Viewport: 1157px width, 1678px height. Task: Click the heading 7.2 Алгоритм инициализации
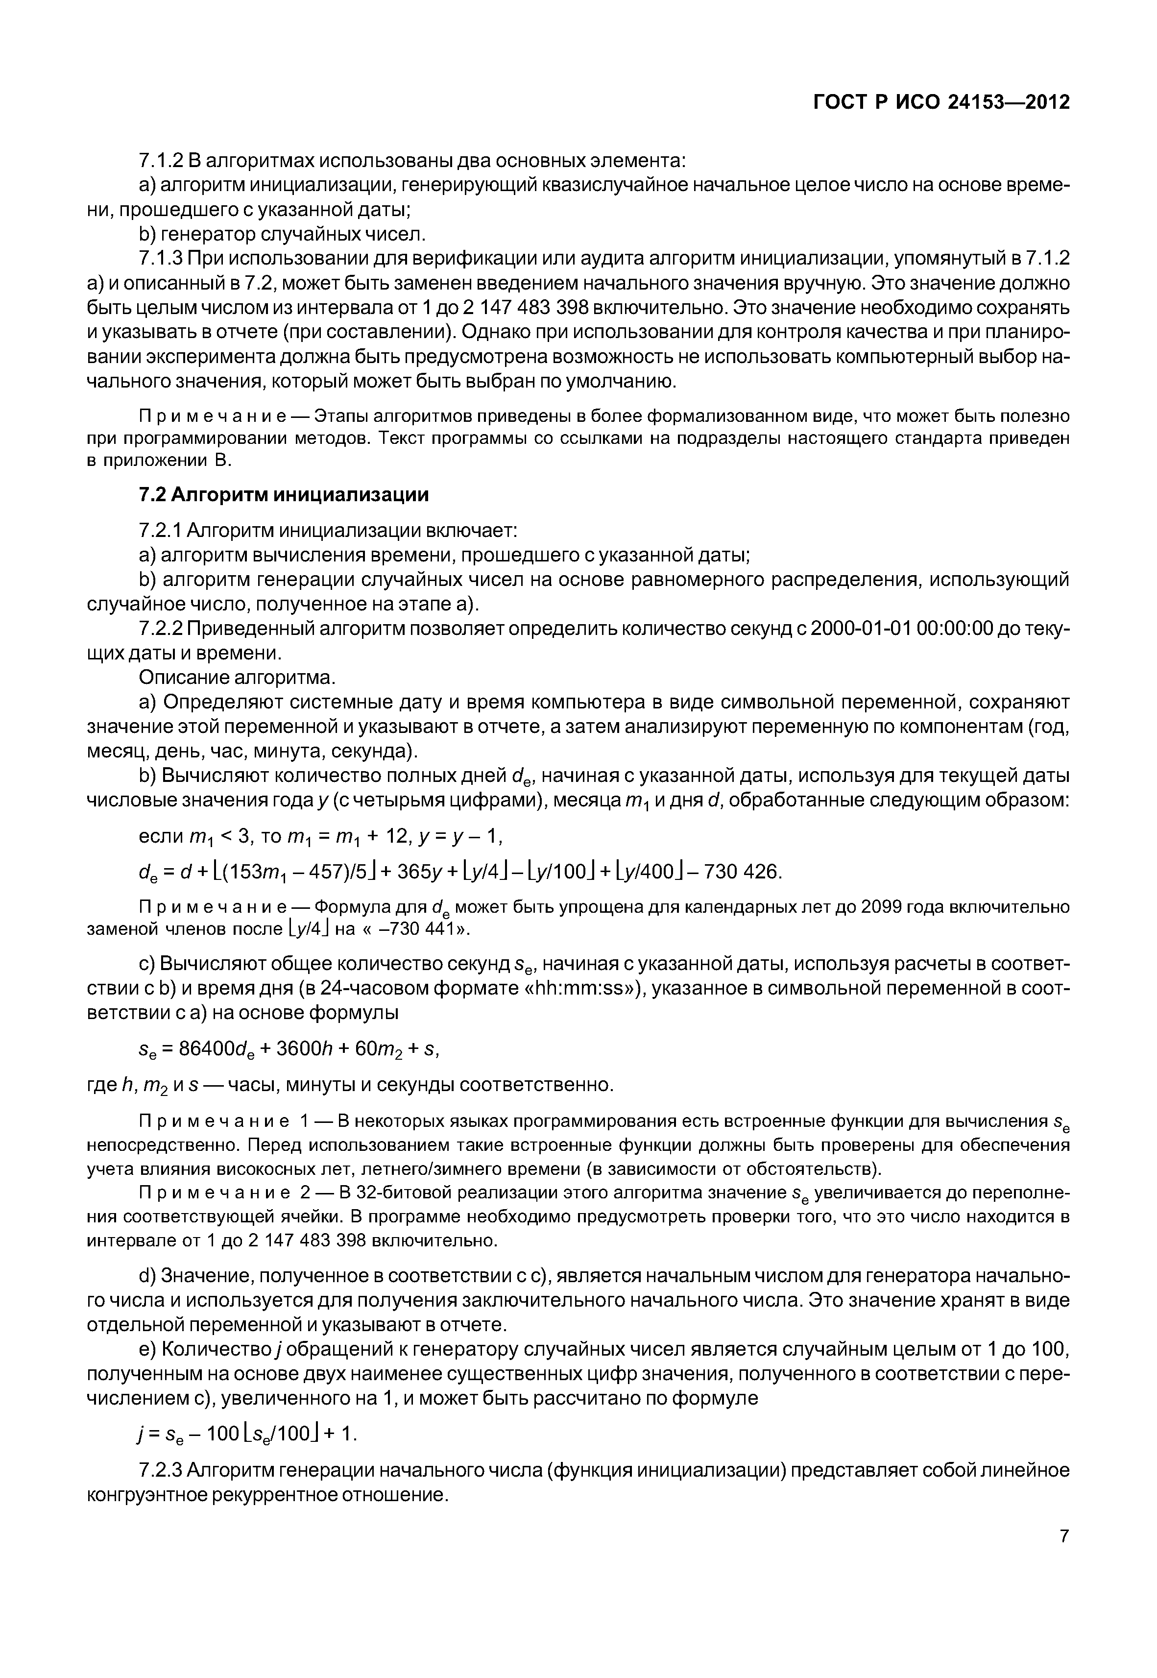tap(284, 494)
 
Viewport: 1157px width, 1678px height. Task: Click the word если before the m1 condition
tap(161, 836)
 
